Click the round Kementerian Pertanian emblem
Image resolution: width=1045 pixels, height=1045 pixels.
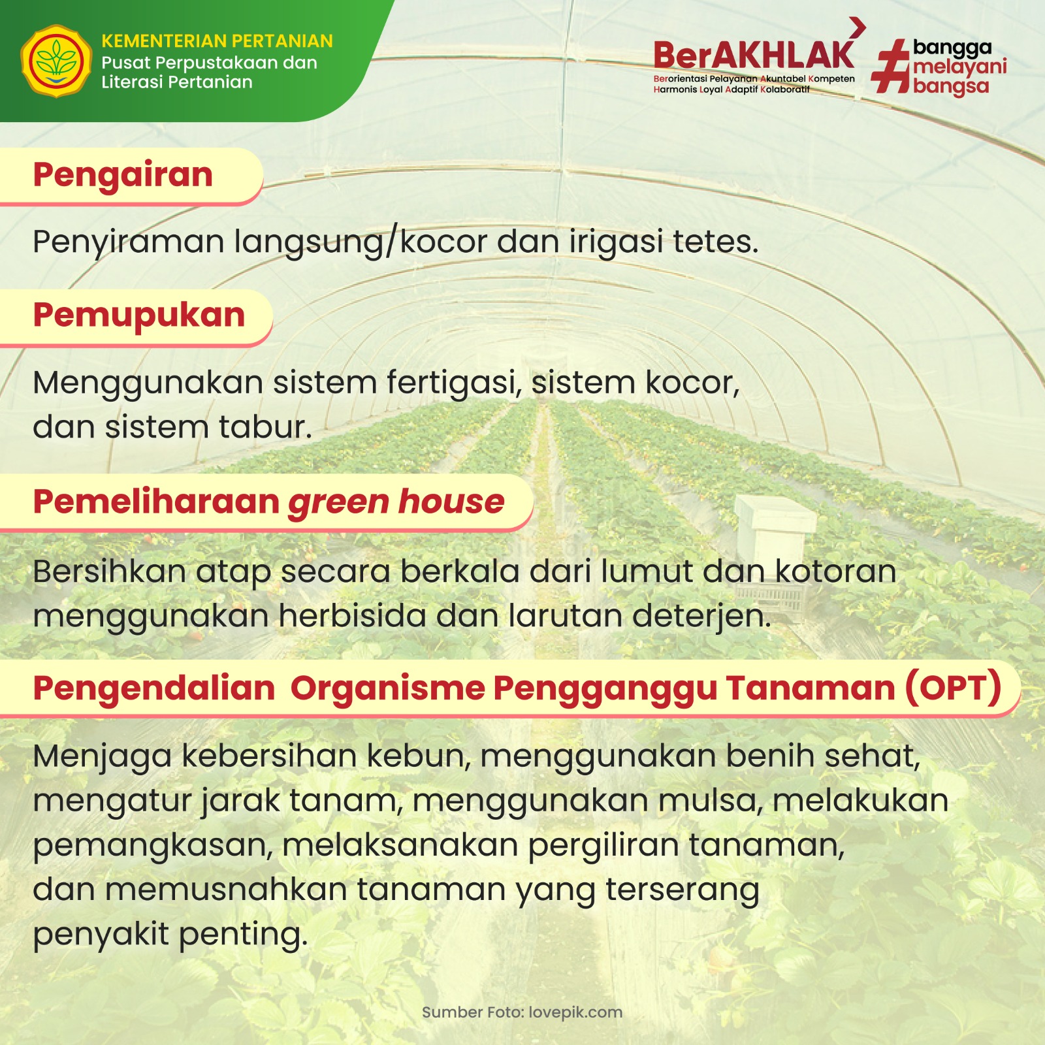pos(56,61)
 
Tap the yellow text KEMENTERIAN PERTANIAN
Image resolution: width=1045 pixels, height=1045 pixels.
pos(217,41)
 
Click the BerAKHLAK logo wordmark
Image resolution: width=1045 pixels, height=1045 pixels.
pos(754,55)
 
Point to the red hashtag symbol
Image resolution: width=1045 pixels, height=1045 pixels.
pos(890,66)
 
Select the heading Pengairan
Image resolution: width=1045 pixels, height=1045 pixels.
pos(123,176)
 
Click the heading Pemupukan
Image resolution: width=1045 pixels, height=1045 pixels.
pos(139,315)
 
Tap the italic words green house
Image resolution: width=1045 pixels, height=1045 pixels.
pos(396,502)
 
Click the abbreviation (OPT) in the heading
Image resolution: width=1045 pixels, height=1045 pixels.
pos(953,688)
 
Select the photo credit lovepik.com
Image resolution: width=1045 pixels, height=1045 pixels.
pos(575,1013)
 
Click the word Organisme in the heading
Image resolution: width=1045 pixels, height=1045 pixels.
pos(388,688)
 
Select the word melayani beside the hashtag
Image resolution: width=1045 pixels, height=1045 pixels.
pos(960,67)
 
